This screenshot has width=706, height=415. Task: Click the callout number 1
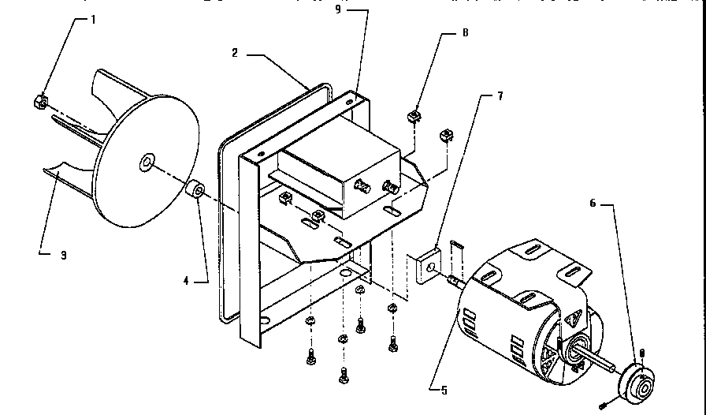coord(93,19)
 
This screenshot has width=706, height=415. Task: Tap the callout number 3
coord(64,255)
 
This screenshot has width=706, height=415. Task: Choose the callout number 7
coord(499,95)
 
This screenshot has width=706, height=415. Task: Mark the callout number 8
coord(465,34)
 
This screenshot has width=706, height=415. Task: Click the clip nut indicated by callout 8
coord(414,118)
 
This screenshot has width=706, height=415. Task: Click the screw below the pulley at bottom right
coord(603,404)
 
